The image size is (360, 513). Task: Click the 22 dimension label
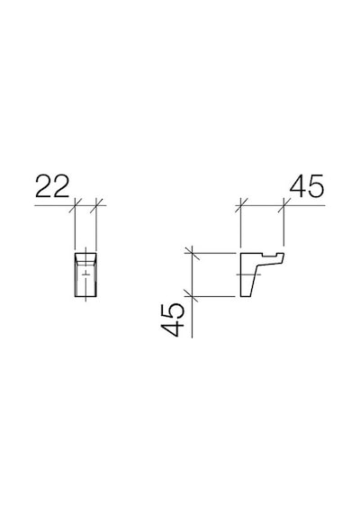point(52,185)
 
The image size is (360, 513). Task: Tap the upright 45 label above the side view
point(307,185)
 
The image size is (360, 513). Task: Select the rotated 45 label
point(172,320)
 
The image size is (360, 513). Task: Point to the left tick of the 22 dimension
point(76,205)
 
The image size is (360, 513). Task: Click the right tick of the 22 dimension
point(96,205)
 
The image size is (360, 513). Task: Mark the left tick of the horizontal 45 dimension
point(241,205)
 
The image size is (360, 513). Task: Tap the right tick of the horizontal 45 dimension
point(283,205)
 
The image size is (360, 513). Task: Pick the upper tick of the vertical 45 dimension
point(192,253)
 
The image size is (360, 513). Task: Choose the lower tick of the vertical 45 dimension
point(192,296)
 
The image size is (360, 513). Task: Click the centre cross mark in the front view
point(85,274)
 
